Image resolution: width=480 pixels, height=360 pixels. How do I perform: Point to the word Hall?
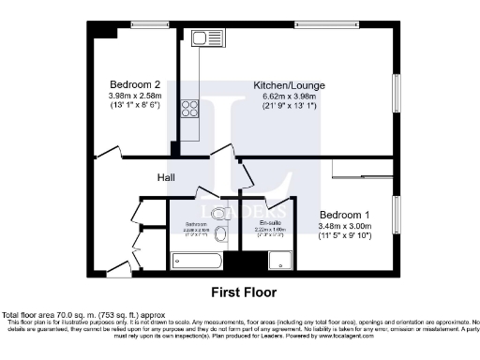tap(166, 176)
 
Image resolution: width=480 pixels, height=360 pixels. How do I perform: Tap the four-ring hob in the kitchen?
tap(190, 108)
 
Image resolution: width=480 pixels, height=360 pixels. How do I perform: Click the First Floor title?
tap(244, 292)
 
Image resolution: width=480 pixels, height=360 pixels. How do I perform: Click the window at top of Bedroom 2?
tap(145, 22)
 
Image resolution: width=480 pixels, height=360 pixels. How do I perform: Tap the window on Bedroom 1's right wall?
tap(397, 217)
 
